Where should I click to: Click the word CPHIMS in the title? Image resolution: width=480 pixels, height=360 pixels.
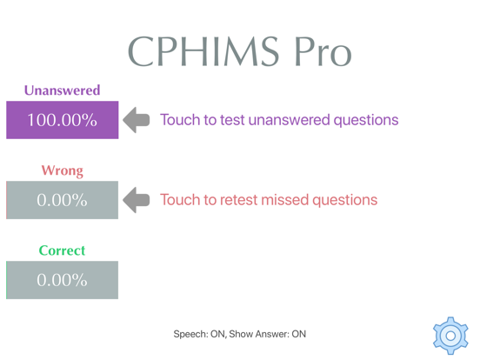click(x=202, y=52)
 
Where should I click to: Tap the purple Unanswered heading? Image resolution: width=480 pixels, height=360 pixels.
click(x=62, y=90)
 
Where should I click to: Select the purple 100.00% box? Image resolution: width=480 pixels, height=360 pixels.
click(x=62, y=120)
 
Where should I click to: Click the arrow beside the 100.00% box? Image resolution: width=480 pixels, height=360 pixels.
click(x=137, y=120)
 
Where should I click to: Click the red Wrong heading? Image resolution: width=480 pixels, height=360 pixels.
click(x=62, y=170)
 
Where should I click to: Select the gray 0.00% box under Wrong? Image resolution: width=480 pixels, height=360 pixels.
click(x=62, y=200)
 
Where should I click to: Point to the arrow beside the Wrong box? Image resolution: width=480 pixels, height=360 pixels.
click(x=137, y=200)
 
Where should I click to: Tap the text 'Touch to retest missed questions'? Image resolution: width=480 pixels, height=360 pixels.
click(x=268, y=200)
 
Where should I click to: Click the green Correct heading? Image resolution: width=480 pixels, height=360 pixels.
click(x=62, y=250)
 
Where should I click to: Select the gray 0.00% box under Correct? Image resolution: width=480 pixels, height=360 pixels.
click(x=62, y=280)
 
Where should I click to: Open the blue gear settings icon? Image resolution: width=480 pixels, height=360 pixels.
click(x=450, y=335)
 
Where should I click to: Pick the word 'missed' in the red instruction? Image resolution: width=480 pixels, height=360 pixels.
click(x=297, y=200)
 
